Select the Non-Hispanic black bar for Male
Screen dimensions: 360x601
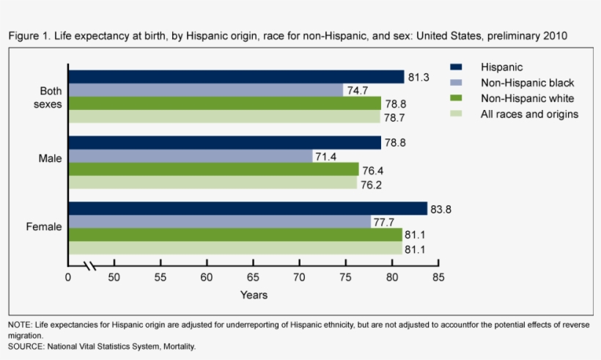[x=191, y=156]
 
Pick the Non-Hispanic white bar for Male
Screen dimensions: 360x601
[x=213, y=169]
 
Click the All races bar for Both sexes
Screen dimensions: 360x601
[x=224, y=117]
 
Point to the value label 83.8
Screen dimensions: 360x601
[x=441, y=210]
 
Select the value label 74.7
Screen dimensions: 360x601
[x=357, y=91]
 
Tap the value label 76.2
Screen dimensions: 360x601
[x=371, y=183]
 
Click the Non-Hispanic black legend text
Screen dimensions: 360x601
[x=527, y=83]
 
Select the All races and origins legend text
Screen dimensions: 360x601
[x=529, y=114]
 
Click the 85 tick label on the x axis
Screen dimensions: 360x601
[x=438, y=278]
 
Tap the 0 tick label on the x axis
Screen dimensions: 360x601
[x=68, y=278]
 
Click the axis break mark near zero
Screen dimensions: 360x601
[x=89, y=265]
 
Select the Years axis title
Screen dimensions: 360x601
[x=254, y=295]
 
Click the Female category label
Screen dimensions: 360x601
[x=44, y=227]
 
